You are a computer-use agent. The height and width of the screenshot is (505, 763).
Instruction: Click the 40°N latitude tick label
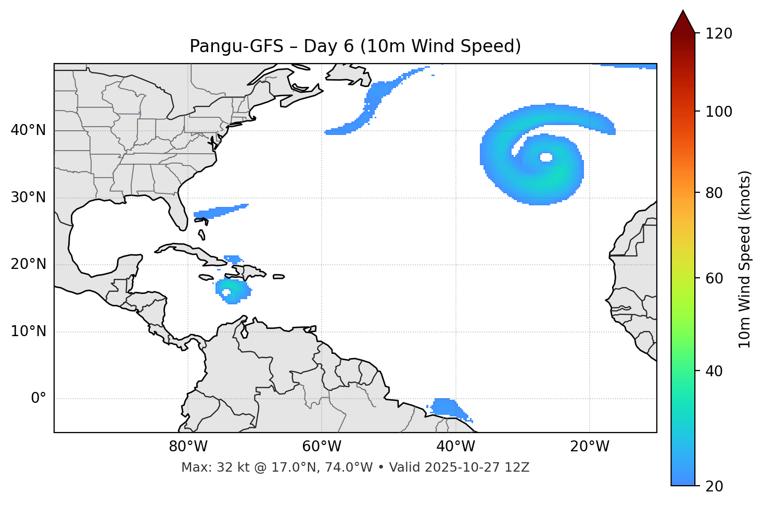point(28,130)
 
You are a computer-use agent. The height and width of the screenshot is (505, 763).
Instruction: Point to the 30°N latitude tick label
point(28,198)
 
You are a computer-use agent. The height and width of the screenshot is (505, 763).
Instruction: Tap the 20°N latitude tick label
point(28,264)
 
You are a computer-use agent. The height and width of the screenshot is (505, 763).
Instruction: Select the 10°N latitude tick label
point(28,331)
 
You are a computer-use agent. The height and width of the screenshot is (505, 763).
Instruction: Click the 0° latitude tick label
point(39,399)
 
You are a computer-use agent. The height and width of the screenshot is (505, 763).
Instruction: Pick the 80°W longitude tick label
point(188,447)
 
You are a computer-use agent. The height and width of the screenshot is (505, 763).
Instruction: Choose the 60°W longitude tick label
point(322,447)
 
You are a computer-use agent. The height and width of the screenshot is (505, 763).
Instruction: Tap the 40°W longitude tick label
point(456,447)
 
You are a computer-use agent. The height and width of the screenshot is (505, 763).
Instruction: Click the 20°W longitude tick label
point(590,447)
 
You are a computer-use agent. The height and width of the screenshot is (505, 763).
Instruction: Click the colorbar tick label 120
point(719,34)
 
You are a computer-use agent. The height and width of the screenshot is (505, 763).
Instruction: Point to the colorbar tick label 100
point(719,112)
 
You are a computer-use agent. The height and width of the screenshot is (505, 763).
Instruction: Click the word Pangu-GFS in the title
point(236,46)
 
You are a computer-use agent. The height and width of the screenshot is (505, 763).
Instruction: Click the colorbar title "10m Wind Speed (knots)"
point(745,260)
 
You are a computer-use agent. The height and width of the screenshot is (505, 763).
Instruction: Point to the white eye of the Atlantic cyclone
point(546,157)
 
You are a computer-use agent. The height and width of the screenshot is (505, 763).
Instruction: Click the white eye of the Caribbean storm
point(226,292)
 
